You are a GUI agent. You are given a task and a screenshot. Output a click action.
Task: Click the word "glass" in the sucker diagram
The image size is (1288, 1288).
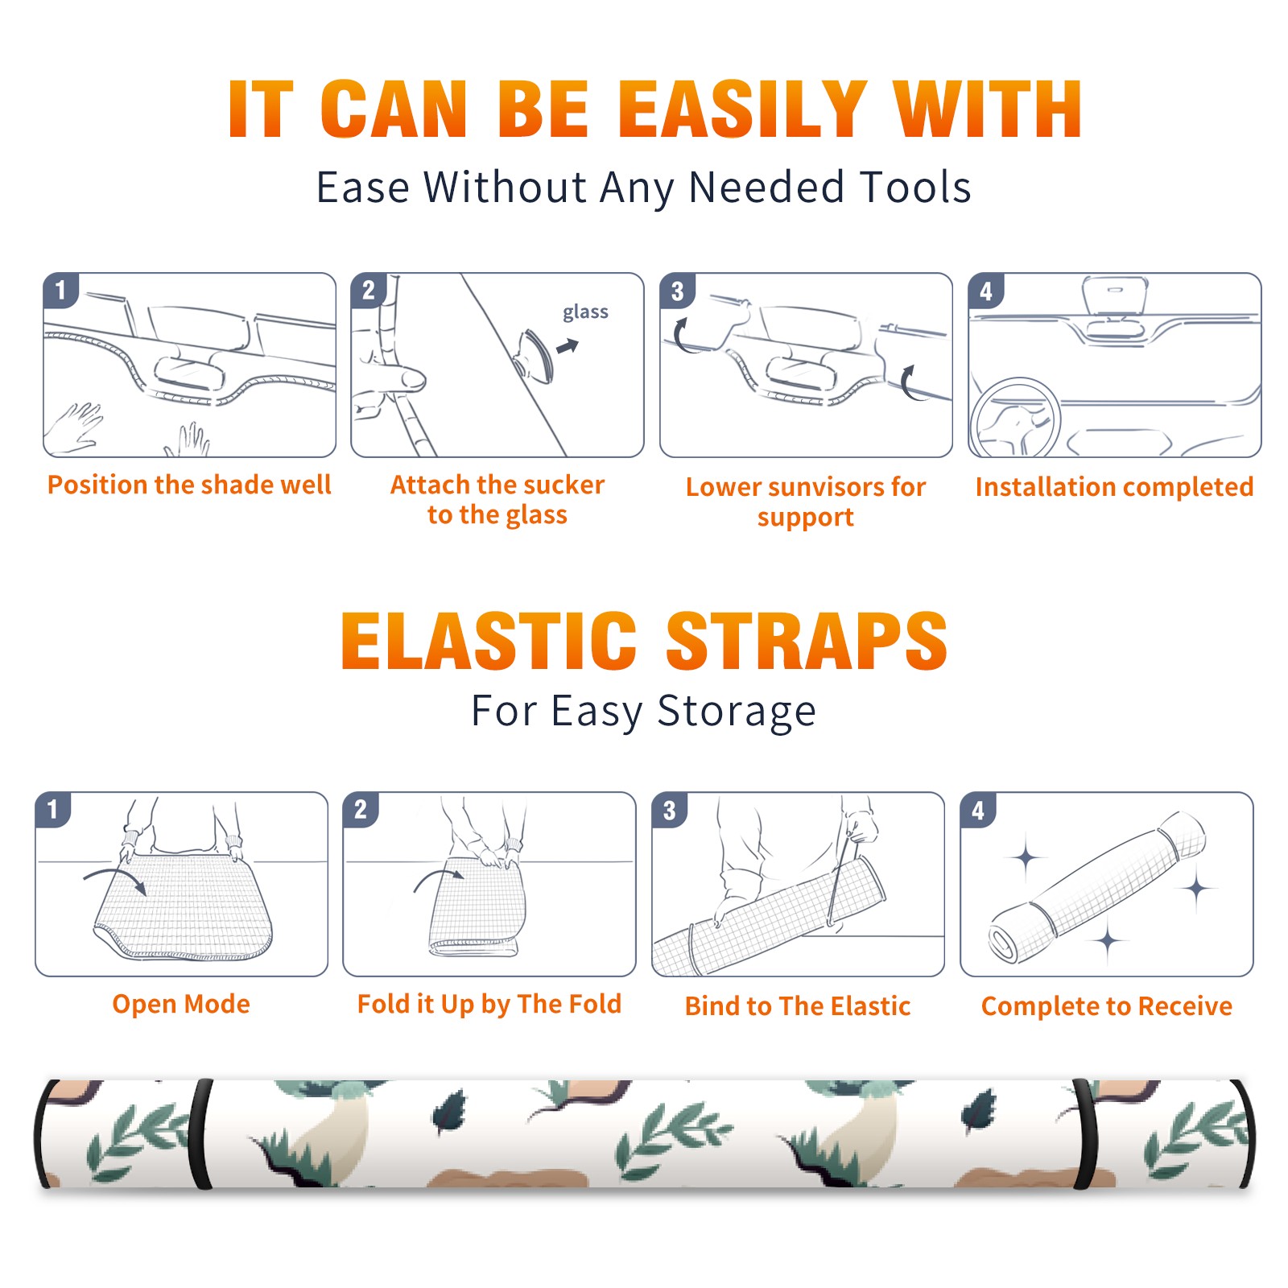point(585,312)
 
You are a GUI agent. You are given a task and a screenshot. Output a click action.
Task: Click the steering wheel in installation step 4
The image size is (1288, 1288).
point(1016,419)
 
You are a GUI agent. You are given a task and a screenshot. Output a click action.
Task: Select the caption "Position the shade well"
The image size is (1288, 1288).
point(189,485)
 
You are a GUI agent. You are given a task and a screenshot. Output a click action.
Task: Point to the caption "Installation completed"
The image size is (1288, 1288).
point(1114,486)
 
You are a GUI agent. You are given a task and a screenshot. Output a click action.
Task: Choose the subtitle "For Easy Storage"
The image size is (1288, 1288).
point(644,711)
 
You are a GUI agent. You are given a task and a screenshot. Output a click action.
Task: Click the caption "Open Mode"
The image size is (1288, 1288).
point(181,1004)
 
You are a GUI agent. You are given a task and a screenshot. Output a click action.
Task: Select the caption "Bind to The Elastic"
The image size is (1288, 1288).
point(798,1005)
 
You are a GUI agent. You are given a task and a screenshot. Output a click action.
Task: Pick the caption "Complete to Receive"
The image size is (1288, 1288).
point(1107,1005)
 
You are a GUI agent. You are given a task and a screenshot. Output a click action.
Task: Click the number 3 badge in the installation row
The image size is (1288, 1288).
point(678,291)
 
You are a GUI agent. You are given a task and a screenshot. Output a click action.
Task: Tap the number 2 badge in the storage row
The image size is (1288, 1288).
point(361,810)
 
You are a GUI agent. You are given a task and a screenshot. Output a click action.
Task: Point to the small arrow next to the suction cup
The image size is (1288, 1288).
point(568,347)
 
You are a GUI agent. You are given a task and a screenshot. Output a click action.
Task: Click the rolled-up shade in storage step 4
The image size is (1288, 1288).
point(1097,887)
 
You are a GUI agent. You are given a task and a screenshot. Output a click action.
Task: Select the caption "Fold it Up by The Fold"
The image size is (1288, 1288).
point(489,1004)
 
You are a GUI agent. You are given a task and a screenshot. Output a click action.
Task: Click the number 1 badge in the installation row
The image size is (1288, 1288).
point(60,290)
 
